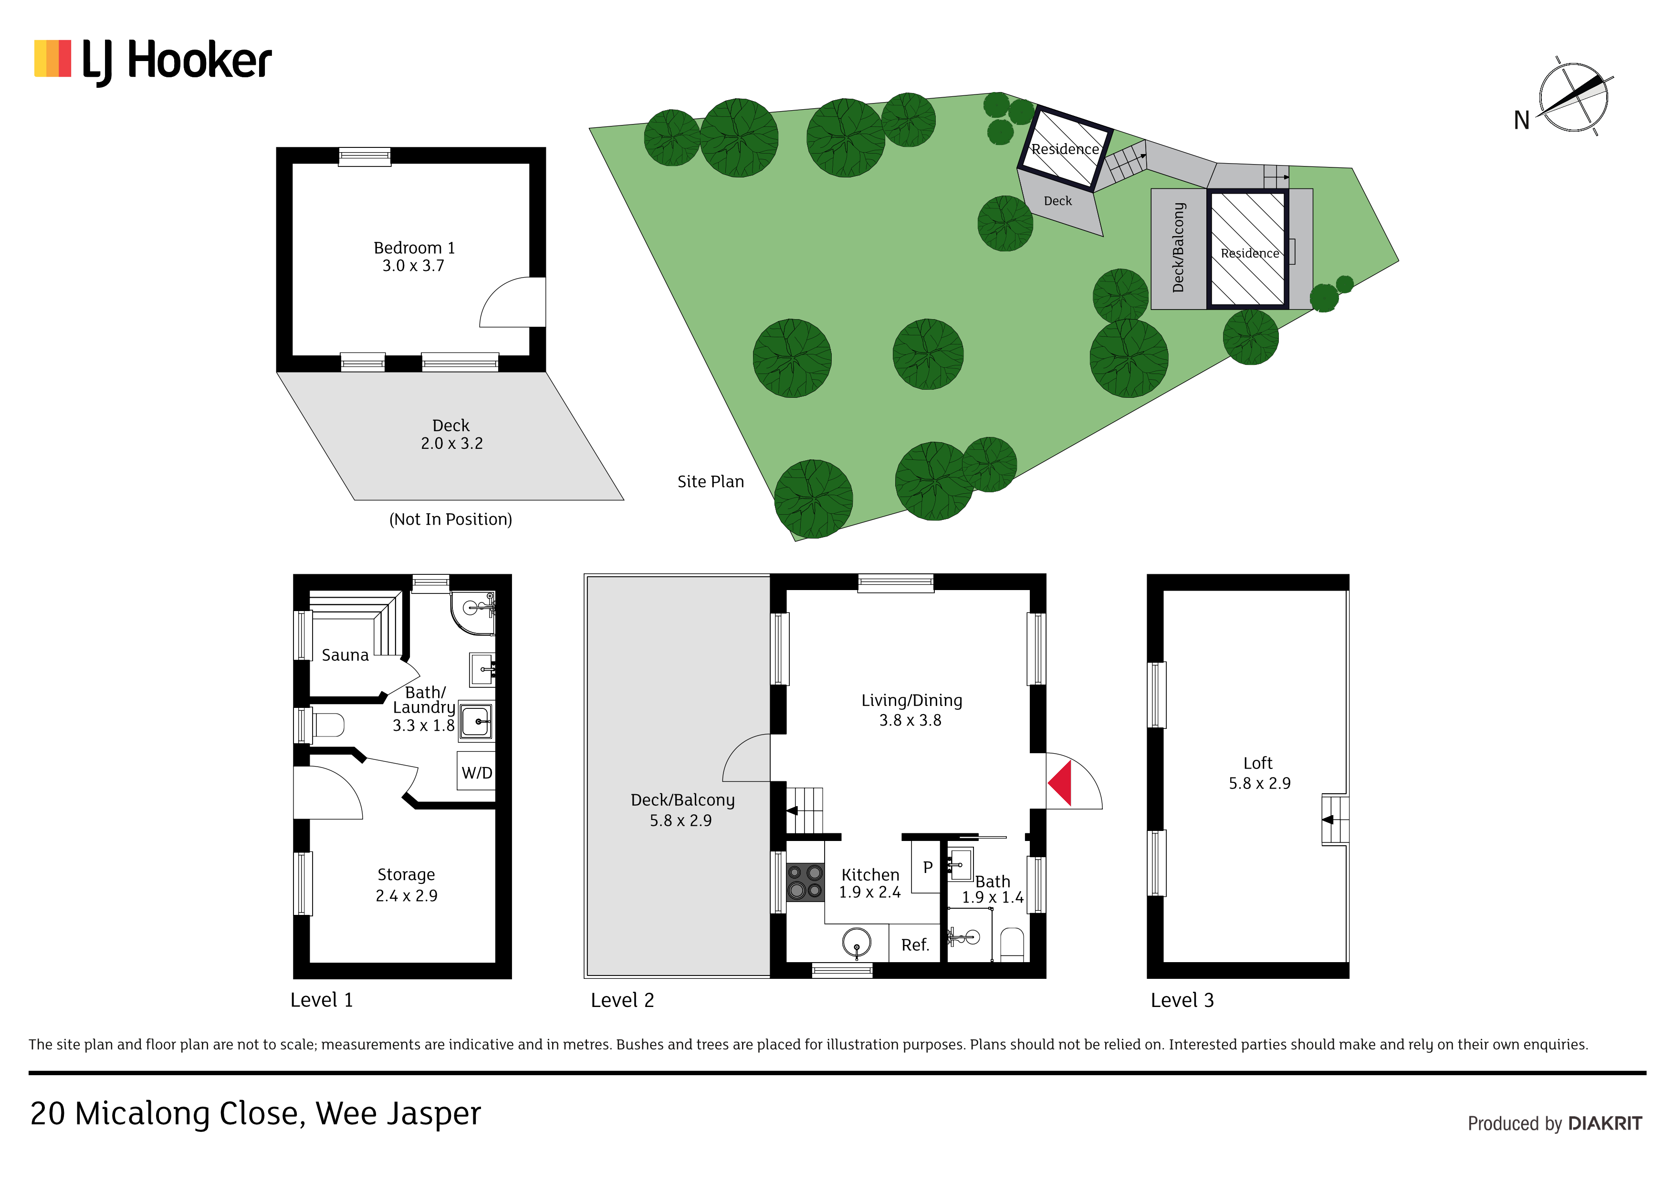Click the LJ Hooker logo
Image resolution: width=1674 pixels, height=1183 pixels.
pyautogui.click(x=153, y=61)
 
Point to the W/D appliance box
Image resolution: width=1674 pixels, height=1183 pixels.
pyautogui.click(x=477, y=772)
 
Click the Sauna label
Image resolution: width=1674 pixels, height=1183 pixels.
pyautogui.click(x=345, y=655)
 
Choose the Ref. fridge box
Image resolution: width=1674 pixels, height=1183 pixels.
pyautogui.click(x=915, y=944)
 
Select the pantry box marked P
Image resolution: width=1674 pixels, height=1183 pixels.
pyautogui.click(x=927, y=867)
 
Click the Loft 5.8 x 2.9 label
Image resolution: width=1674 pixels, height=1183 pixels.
pyautogui.click(x=1259, y=773)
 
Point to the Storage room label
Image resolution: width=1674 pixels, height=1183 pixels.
pyautogui.click(x=406, y=885)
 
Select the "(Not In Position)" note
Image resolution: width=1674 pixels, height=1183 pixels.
pyautogui.click(x=450, y=519)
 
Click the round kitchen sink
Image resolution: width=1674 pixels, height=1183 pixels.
pyautogui.click(x=857, y=943)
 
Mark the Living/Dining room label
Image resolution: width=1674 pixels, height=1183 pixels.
pyautogui.click(x=911, y=710)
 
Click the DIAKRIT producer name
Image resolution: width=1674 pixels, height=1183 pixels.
pyautogui.click(x=1605, y=1123)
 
